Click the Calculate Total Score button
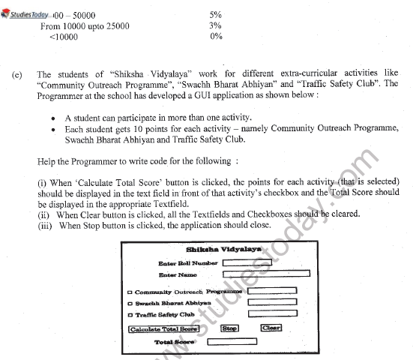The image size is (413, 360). click(x=163, y=328)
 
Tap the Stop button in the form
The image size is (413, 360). click(x=229, y=328)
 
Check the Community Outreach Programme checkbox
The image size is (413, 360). click(x=132, y=292)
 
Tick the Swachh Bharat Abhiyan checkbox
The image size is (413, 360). click(x=132, y=303)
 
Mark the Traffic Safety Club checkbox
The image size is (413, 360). click(x=132, y=315)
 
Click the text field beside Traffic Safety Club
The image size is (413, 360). click(x=272, y=314)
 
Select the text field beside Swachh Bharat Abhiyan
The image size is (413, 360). click(x=272, y=302)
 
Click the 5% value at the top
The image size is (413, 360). click(x=216, y=14)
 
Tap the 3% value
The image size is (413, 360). click(x=216, y=25)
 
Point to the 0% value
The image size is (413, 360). click(x=216, y=36)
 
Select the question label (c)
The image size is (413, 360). click(x=17, y=74)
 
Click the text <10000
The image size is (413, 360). click(x=61, y=36)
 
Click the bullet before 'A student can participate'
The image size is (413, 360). click(x=54, y=118)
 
